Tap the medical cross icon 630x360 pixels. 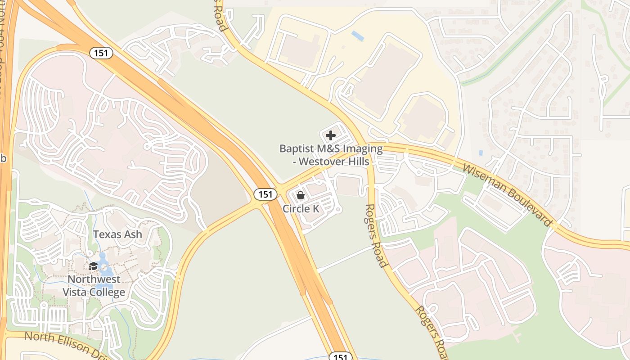331,135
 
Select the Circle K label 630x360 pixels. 301,209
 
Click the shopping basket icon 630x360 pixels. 301,195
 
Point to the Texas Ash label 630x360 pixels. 117,234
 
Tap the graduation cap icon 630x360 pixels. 94,266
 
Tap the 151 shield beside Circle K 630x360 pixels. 265,194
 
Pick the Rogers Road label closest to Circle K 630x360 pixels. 375,235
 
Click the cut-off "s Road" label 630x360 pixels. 219,16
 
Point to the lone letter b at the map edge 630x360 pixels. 3,158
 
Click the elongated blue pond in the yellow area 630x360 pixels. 358,36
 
